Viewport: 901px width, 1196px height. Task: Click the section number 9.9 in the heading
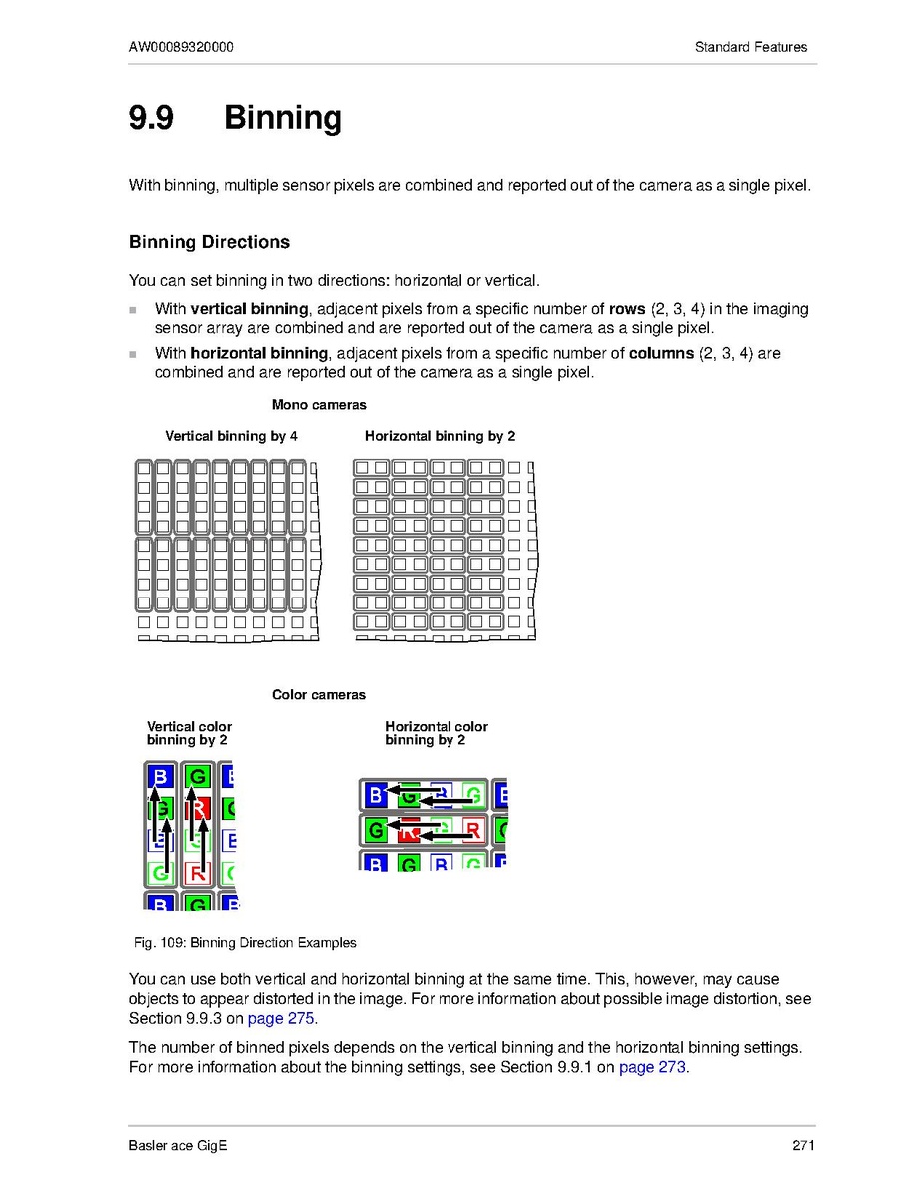coord(151,118)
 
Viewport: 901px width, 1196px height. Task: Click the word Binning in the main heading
coord(282,118)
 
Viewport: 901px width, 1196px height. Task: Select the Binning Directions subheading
coord(209,242)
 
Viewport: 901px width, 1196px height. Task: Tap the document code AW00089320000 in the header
coord(182,47)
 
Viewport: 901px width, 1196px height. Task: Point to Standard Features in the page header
coord(751,47)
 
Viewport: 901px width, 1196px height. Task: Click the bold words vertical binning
coord(249,309)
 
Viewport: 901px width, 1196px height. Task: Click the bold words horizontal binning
coord(259,353)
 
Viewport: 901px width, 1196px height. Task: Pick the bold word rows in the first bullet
coord(627,309)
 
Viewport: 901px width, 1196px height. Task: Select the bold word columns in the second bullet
coord(661,353)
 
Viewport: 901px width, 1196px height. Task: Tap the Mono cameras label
coord(319,405)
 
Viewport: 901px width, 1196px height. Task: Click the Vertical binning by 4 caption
coord(231,436)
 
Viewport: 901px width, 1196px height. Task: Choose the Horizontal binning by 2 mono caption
coord(440,436)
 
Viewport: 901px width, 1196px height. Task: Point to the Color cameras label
coord(319,695)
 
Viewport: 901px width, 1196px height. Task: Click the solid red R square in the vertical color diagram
coord(198,808)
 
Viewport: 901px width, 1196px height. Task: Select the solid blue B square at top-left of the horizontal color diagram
coord(375,796)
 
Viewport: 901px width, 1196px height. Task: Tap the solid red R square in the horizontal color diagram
coord(408,829)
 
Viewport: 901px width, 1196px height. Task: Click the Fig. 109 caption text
coord(245,942)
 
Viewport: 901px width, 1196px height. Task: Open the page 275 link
coord(288,1019)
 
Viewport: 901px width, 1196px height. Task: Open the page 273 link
coord(653,1067)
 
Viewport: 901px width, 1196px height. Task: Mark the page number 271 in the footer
coord(804,1145)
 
